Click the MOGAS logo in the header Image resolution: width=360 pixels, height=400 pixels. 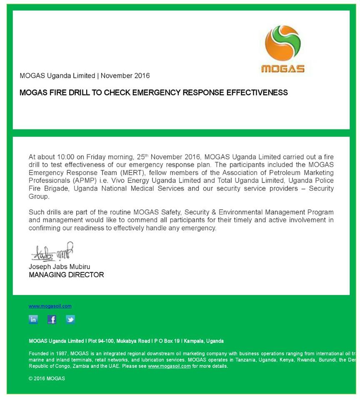[x=282, y=49]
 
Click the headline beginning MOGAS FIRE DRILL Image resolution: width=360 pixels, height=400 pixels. [x=153, y=92]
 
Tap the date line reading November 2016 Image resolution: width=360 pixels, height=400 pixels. [x=125, y=76]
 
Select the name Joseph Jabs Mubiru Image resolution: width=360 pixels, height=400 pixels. [x=59, y=267]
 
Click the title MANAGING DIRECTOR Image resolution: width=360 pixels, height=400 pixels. [x=66, y=275]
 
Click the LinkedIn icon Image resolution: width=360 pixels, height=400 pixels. [x=33, y=320]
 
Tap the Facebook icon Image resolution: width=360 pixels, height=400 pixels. [x=52, y=320]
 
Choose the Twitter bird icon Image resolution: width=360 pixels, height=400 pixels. [x=70, y=320]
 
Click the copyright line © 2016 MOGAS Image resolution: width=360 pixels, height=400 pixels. [x=47, y=379]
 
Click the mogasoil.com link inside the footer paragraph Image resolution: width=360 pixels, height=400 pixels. [x=169, y=366]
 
